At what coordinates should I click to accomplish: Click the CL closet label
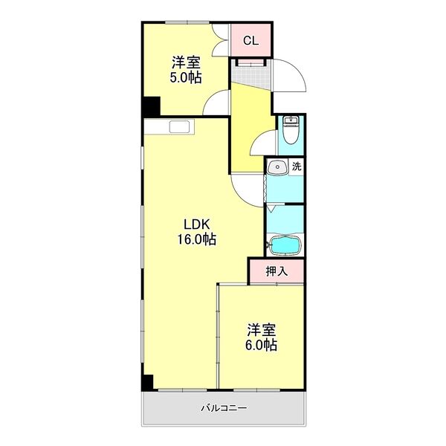pos(251,41)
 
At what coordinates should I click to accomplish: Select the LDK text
pos(196,224)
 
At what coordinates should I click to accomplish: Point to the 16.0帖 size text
pos(196,239)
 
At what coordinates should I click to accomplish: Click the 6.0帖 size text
pos(262,346)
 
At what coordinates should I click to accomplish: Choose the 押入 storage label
pos(276,272)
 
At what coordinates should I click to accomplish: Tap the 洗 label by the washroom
pos(297,167)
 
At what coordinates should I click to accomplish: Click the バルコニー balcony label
pos(224,408)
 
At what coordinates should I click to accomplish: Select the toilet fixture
pos(291,132)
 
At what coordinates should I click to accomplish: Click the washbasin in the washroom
pos(277,167)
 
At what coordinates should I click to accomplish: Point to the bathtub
pos(284,244)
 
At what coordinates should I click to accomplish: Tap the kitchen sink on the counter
pos(179,126)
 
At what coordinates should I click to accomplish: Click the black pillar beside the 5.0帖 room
pos(152,106)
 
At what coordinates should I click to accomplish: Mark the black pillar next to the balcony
pos(148,383)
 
